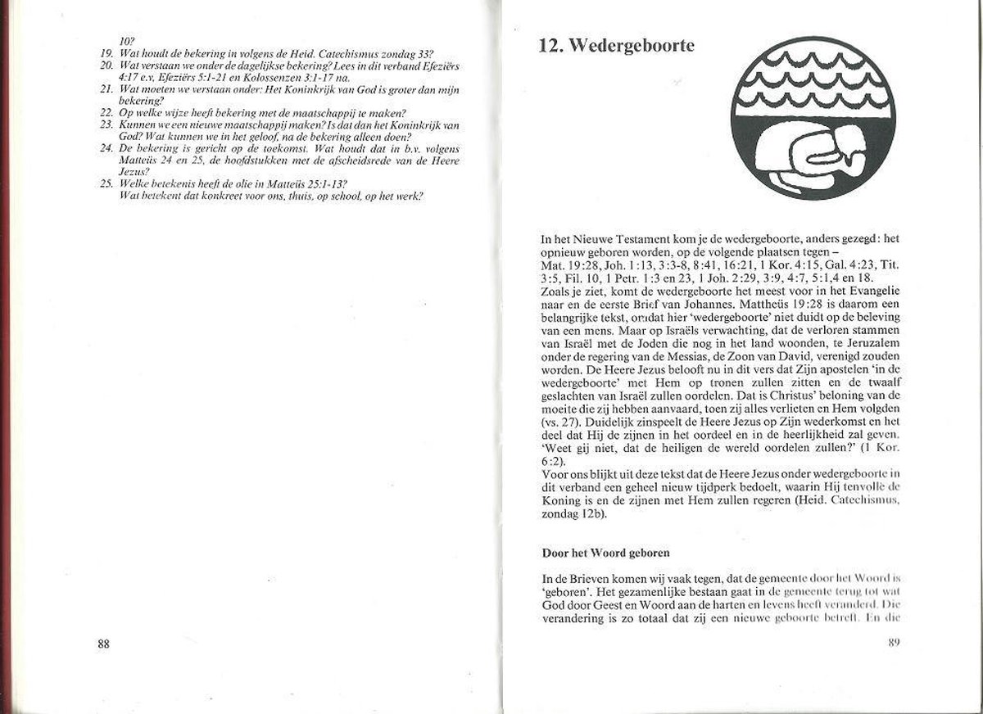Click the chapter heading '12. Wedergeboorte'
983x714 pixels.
616,46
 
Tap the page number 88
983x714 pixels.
103,643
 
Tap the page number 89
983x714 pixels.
895,642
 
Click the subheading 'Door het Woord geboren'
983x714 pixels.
605,553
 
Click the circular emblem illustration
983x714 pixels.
813,117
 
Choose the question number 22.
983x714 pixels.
106,112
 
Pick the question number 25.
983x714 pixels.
106,183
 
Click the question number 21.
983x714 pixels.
106,88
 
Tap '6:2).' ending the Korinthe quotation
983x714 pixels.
555,460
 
